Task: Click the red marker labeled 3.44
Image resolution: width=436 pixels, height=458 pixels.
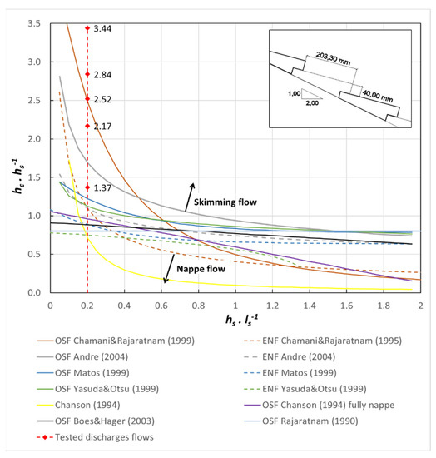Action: click(87, 28)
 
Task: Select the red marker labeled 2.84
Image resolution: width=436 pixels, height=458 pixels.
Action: click(87, 74)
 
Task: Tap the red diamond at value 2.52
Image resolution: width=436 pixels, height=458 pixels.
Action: click(87, 99)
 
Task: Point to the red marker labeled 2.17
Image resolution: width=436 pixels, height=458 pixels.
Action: click(87, 126)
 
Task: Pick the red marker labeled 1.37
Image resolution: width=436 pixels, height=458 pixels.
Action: click(87, 187)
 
